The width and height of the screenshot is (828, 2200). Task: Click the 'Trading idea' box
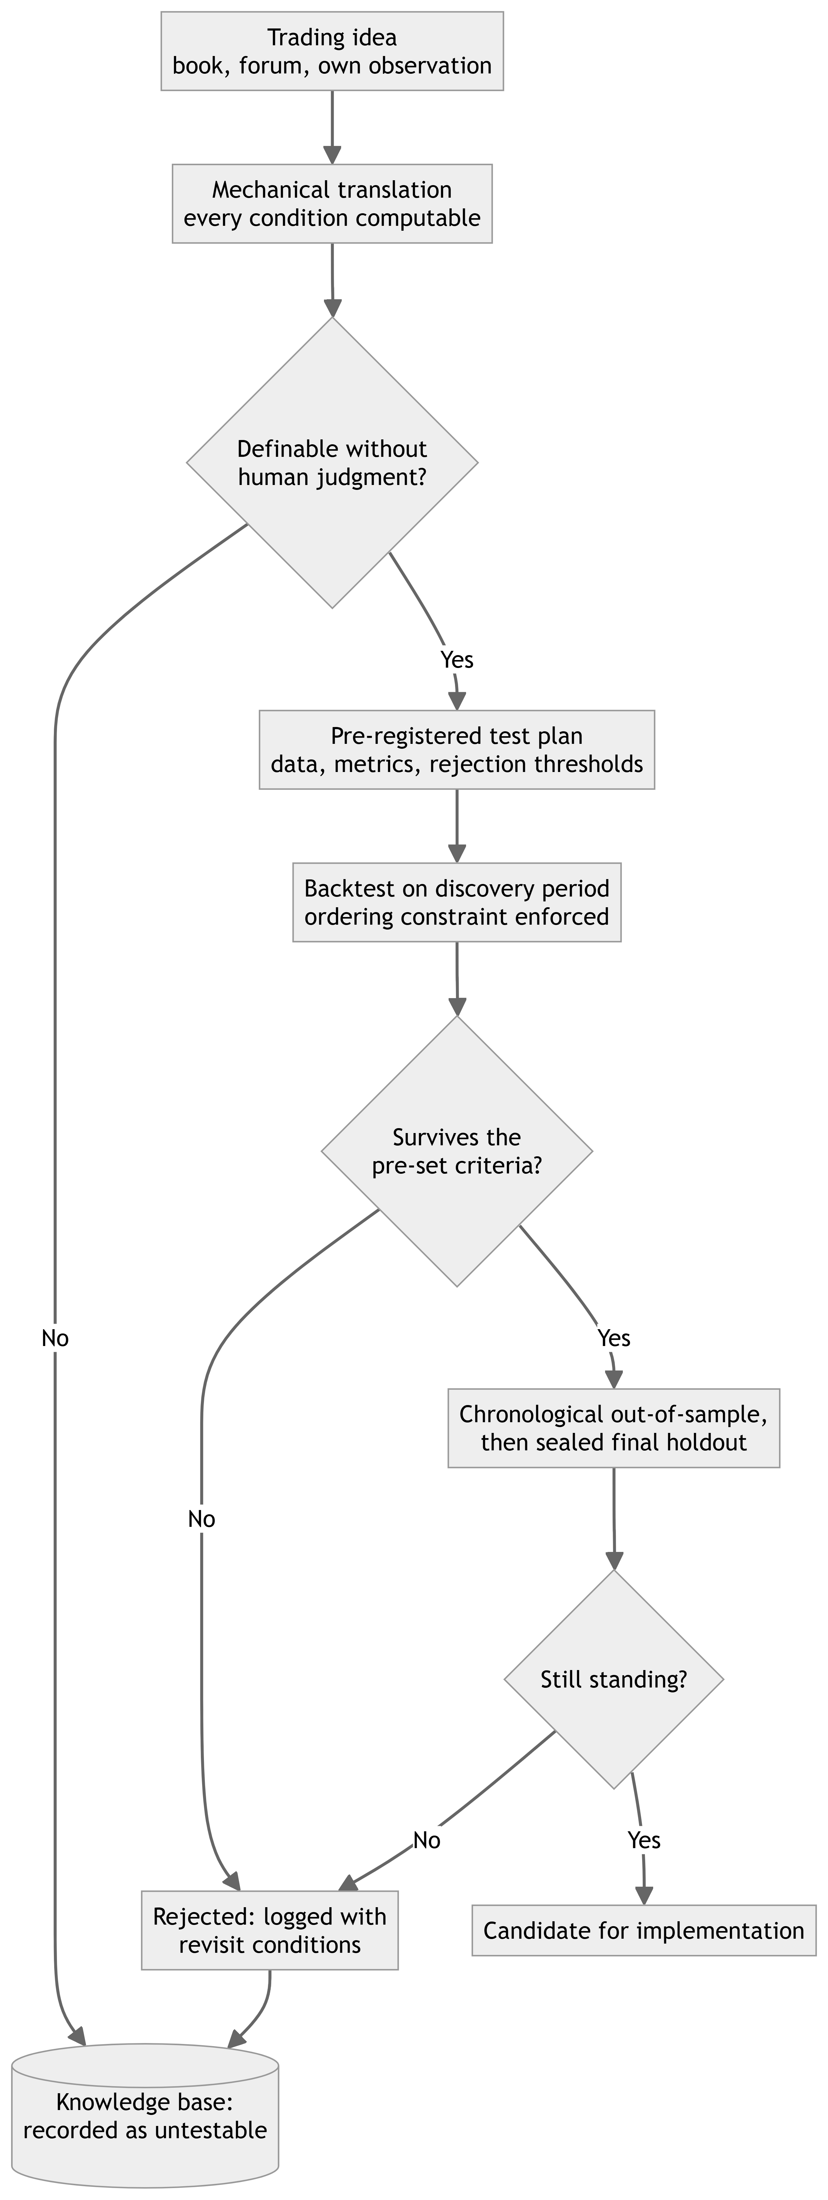pyautogui.click(x=333, y=51)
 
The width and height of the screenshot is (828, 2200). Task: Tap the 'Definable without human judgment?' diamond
pyautogui.click(x=333, y=463)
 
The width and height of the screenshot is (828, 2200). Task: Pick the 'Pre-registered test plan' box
pyautogui.click(x=457, y=750)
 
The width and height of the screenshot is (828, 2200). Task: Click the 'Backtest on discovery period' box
pyautogui.click(x=457, y=903)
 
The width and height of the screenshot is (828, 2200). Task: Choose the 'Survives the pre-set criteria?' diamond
pyautogui.click(x=457, y=1151)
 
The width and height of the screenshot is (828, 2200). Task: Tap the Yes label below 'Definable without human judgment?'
pyautogui.click(x=457, y=659)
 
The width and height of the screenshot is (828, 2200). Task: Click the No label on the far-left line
pyautogui.click(x=55, y=1338)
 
